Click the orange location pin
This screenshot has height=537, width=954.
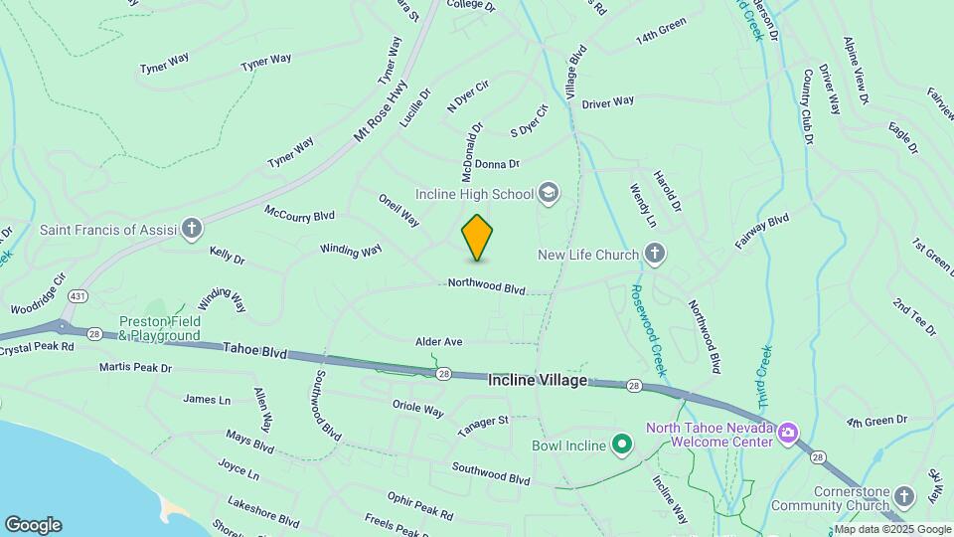[477, 238]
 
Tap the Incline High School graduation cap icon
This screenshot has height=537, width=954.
[548, 192]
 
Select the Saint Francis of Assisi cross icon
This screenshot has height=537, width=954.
[193, 230]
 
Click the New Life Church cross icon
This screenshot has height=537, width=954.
[654, 256]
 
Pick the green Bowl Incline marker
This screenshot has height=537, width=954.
[622, 445]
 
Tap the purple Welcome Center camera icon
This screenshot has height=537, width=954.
[788, 431]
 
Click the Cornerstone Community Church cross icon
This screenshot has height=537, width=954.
[903, 495]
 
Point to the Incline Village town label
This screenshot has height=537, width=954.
[538, 381]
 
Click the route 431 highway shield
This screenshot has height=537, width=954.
[79, 296]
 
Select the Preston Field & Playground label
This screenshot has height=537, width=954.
[159, 328]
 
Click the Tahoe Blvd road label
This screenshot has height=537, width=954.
[254, 352]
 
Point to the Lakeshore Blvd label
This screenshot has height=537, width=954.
[262, 512]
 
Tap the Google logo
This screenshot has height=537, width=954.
[33, 525]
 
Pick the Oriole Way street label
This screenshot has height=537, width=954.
[418, 409]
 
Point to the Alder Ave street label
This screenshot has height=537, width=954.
[439, 342]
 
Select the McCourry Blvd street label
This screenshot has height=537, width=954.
[299, 214]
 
